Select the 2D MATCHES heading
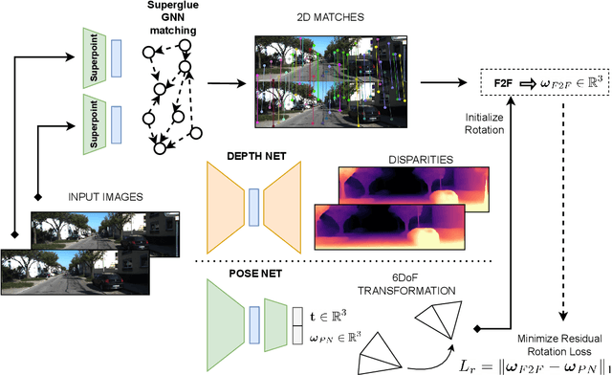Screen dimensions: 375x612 (323, 17)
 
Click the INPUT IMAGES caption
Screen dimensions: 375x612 (104, 196)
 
